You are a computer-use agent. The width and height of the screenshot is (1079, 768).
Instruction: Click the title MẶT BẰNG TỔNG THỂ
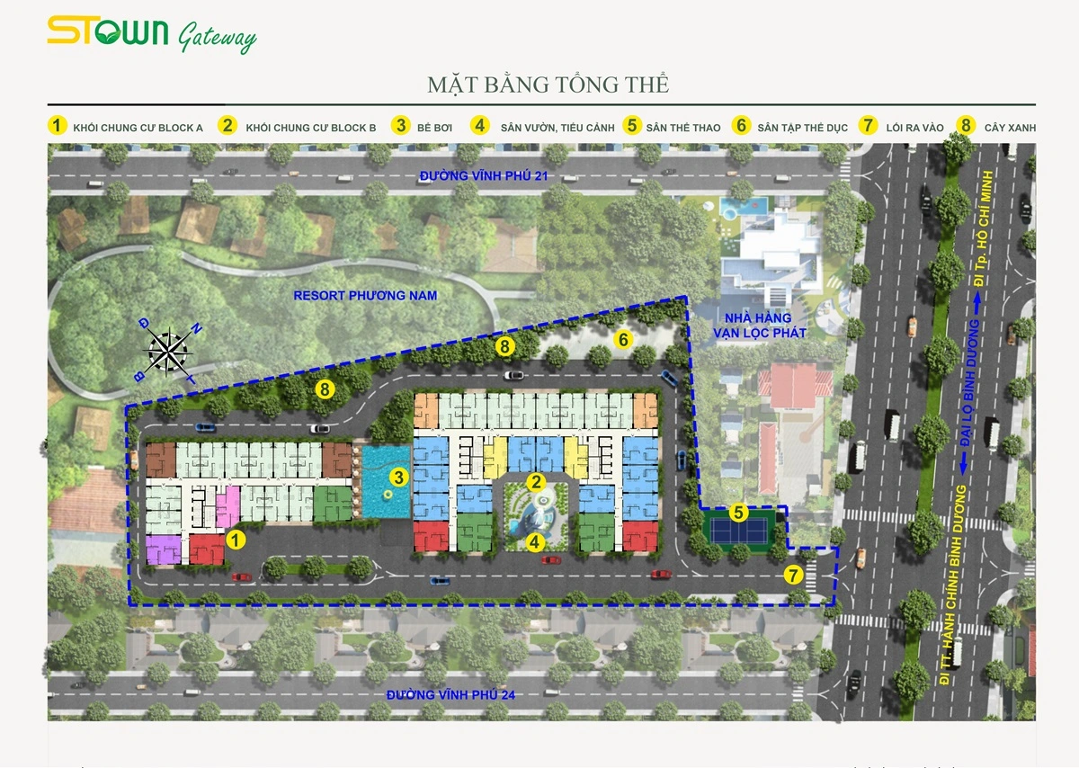(548, 85)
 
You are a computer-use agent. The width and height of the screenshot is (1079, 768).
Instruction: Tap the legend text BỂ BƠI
(434, 128)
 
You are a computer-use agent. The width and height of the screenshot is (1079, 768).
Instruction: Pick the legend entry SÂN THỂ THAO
(682, 128)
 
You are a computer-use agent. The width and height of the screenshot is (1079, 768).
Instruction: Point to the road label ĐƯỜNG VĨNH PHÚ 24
(450, 694)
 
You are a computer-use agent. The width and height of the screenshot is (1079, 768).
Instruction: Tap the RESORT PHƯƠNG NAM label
(365, 296)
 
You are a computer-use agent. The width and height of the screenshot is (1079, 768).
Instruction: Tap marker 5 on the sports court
(738, 513)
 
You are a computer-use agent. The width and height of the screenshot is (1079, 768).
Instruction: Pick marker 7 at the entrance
(793, 576)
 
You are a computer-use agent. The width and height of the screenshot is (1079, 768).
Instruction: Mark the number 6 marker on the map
(623, 339)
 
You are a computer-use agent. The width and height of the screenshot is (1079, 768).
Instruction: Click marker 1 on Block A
(236, 540)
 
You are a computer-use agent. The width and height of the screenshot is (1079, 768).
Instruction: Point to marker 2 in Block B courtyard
(536, 482)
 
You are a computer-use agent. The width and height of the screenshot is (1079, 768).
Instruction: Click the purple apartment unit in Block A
(164, 549)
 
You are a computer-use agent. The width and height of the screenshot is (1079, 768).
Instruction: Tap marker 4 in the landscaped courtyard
(535, 542)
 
